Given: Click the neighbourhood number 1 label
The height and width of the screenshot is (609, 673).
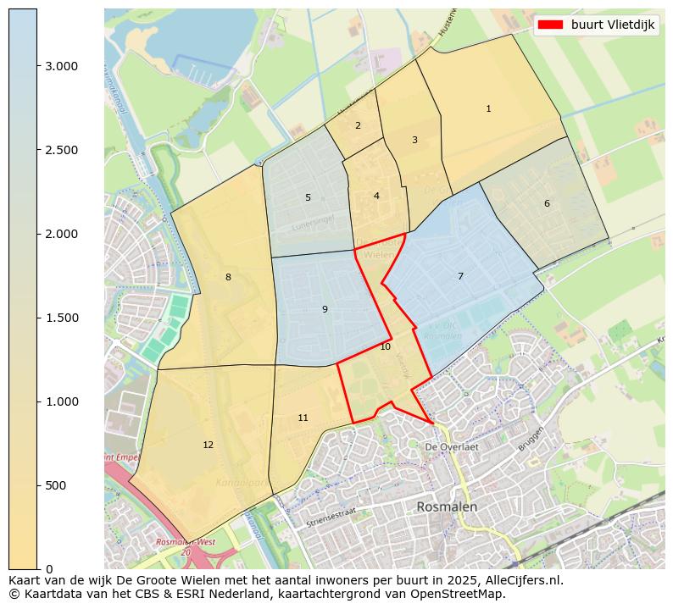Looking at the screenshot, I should point(488,108).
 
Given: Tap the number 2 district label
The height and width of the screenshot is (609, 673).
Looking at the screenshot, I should point(358,125).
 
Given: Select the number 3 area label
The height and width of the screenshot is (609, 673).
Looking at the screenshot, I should point(414,140).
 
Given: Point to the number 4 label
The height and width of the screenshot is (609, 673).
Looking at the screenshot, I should point(376,197).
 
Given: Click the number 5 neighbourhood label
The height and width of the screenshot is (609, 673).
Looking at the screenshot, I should point(308,197).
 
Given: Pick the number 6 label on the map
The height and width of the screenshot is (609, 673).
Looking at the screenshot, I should point(547,203).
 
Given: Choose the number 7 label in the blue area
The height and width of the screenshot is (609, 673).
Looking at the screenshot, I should point(460,276).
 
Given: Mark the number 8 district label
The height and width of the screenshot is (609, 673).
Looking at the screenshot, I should point(228,277).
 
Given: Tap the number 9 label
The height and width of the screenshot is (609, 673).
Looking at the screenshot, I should point(325,309).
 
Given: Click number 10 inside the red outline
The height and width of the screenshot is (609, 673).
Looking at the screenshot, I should point(385,346).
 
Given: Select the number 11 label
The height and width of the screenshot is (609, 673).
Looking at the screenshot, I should point(303,418).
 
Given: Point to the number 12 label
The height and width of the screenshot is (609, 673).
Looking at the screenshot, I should point(209,445).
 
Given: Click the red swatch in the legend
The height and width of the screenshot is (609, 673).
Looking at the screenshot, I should point(550,25).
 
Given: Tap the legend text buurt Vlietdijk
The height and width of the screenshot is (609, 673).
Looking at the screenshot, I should point(612,25).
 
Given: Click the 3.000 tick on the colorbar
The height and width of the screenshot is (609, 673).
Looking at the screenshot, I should point(60,66).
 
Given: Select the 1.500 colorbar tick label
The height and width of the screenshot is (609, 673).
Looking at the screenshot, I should point(60,318).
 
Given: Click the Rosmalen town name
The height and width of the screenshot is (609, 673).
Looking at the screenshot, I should point(447,507).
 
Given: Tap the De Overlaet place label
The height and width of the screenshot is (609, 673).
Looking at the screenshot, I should point(452,446).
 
